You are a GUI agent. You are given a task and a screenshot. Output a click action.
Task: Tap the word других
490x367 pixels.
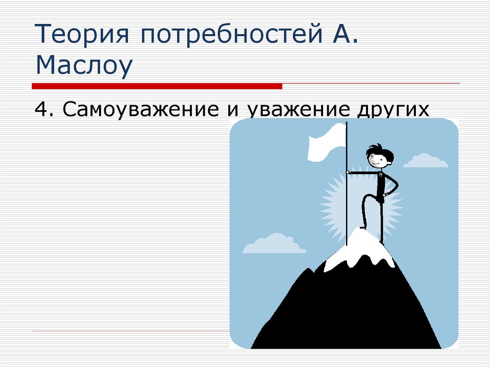tap(392, 110)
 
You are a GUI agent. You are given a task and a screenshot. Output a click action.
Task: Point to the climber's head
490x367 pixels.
tap(379, 156)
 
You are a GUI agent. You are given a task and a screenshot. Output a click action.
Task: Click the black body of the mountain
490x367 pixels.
tap(345, 311)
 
